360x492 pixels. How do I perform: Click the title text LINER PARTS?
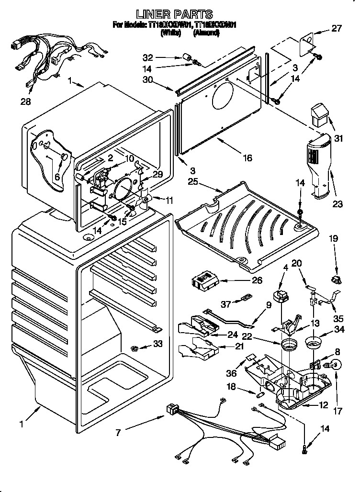pos(174,14)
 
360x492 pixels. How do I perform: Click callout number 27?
pos(337,28)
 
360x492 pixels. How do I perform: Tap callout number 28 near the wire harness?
pos(25,101)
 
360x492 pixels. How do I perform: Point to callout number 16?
pos(247,157)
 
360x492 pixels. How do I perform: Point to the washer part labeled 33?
pos(134,346)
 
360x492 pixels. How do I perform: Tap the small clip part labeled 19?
pos(335,279)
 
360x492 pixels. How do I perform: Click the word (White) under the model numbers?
pos(171,33)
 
